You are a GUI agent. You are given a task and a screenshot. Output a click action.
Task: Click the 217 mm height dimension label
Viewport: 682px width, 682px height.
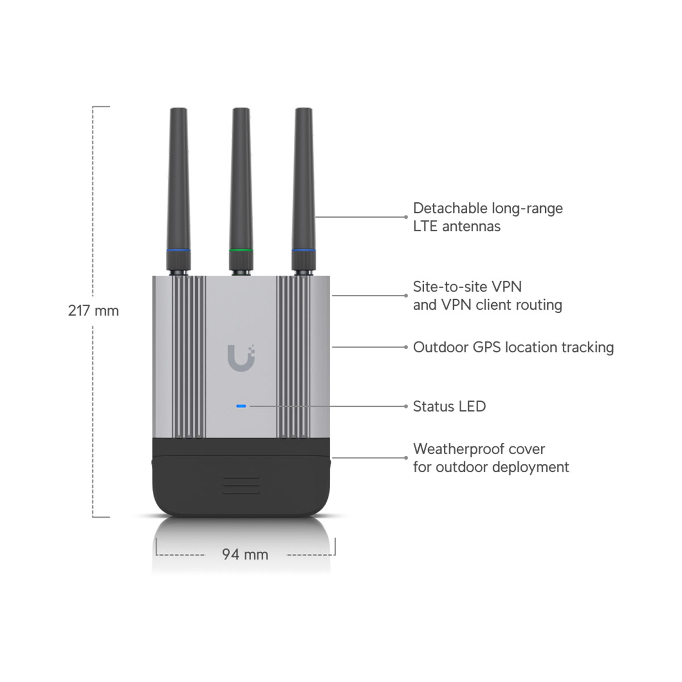click(x=93, y=311)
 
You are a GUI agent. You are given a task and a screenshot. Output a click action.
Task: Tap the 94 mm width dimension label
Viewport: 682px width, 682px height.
click(x=245, y=554)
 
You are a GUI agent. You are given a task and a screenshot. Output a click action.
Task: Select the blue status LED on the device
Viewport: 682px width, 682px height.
click(x=241, y=406)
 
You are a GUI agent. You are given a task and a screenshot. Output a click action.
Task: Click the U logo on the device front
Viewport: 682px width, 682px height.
click(x=242, y=358)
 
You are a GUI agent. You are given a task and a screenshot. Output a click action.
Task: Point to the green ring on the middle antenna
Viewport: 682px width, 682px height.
click(x=241, y=250)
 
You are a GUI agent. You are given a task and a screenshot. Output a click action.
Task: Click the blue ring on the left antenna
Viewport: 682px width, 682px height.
click(x=178, y=250)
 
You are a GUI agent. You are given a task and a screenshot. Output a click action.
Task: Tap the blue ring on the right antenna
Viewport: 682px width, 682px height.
click(x=303, y=250)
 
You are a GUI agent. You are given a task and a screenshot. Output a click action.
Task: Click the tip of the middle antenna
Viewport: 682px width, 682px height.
click(x=241, y=109)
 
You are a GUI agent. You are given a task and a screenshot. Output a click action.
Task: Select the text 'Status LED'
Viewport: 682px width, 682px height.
click(x=449, y=406)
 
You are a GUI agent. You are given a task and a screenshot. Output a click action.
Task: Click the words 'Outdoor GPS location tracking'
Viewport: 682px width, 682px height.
click(x=513, y=347)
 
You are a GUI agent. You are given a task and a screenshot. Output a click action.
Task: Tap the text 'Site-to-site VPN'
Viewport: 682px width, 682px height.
click(x=467, y=286)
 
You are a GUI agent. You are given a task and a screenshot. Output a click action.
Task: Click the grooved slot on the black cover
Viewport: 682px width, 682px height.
click(x=241, y=485)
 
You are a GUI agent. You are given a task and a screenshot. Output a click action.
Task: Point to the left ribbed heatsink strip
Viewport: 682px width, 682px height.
click(x=189, y=357)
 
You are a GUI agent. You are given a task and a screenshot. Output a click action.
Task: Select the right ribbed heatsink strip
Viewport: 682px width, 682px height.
click(x=293, y=357)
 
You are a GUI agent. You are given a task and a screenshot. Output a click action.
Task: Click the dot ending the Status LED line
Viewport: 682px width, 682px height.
click(x=406, y=406)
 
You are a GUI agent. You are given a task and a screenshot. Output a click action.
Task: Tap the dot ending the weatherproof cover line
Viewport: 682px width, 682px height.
click(x=406, y=458)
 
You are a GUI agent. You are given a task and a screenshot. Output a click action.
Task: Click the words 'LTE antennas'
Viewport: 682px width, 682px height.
click(x=456, y=227)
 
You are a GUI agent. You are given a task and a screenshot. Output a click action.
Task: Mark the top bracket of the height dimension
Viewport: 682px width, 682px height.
click(x=101, y=106)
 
